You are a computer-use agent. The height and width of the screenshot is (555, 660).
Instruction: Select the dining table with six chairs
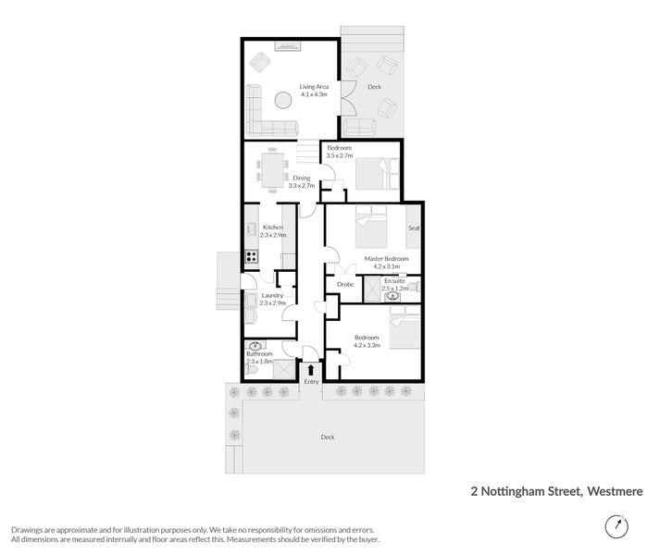coord(271,168)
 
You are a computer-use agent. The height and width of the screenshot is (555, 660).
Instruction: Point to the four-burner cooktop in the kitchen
coord(251,257)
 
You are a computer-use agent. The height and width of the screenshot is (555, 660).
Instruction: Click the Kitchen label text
coord(272,228)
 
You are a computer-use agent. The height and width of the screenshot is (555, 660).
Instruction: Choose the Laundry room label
coord(271,295)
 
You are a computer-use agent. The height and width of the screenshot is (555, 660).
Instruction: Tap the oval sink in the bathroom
coord(255,346)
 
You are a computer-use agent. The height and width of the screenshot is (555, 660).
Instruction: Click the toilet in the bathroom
coord(251,370)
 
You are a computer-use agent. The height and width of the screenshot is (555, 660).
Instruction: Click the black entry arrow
coord(311,370)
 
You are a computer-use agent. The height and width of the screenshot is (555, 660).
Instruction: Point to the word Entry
coord(311,382)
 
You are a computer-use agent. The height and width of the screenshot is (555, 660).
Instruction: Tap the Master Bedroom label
coord(380,258)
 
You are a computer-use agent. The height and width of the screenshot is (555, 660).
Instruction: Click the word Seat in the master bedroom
coord(414,228)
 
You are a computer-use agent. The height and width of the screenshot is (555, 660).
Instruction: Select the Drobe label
coord(344,284)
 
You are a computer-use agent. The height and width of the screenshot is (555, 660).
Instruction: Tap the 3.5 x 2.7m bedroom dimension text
coord(339,155)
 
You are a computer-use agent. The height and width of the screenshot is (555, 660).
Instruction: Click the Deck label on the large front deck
coord(327,438)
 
